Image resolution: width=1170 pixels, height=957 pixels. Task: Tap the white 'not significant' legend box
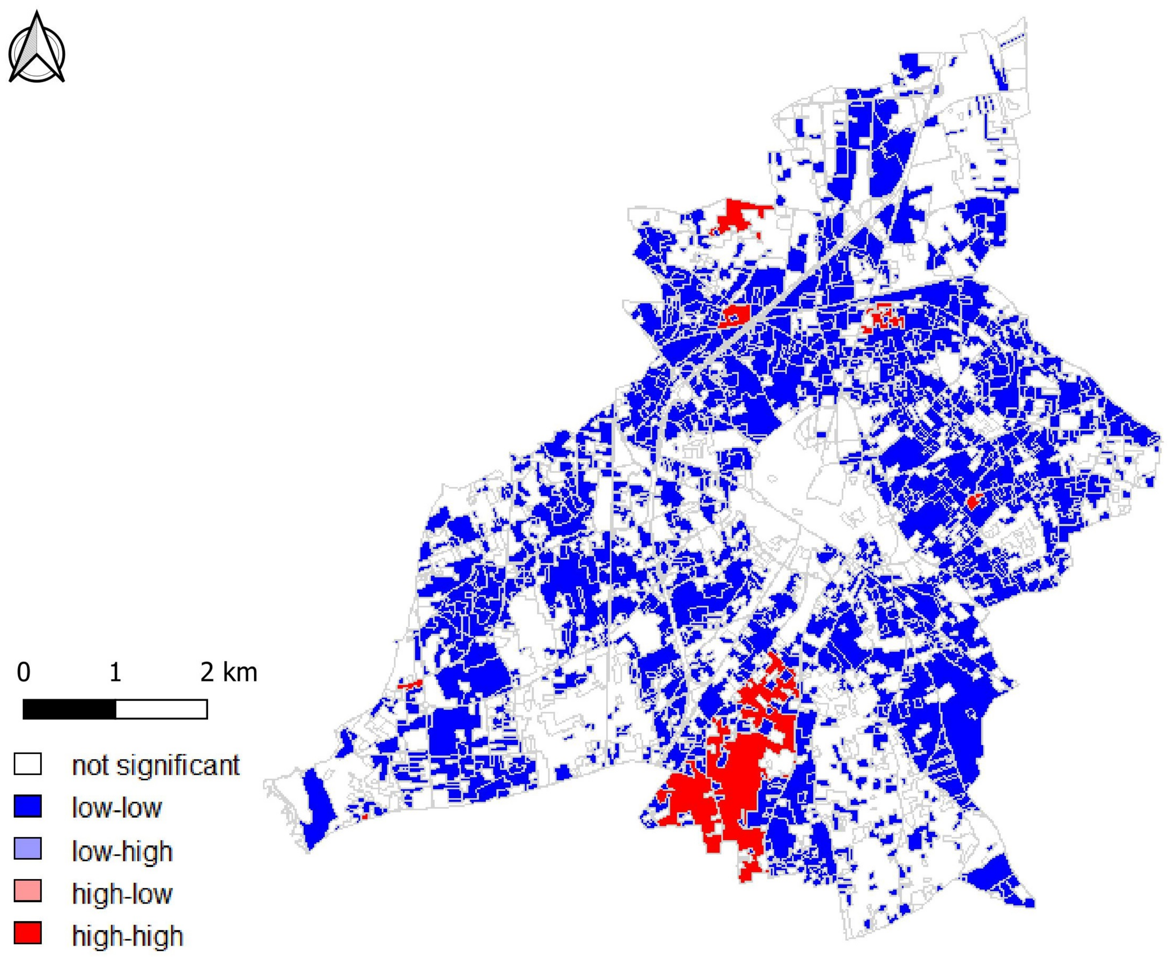click(x=27, y=764)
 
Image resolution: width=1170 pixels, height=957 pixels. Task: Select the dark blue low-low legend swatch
click(x=27, y=806)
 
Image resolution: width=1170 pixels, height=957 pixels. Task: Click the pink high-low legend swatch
click(x=27, y=891)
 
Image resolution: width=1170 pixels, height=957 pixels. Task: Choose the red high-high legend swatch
click(x=27, y=934)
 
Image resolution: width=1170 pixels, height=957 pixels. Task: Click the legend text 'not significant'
click(x=155, y=765)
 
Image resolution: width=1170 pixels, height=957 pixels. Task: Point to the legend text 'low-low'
click(x=117, y=808)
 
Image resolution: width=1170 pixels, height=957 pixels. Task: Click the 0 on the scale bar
click(x=24, y=673)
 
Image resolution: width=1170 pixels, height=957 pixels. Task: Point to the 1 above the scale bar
click(x=115, y=673)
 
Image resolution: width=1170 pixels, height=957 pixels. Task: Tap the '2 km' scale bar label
click(x=228, y=673)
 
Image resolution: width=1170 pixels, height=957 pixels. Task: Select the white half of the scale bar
click(x=161, y=709)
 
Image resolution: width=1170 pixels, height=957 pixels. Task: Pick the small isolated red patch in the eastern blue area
click(x=974, y=502)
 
